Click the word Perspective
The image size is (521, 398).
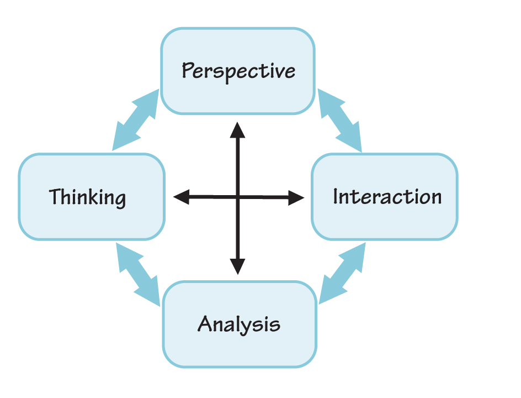click(238, 71)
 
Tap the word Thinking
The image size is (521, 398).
click(88, 197)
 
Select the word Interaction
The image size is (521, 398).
click(387, 197)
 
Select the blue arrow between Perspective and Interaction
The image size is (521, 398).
click(339, 120)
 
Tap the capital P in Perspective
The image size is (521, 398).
click(188, 71)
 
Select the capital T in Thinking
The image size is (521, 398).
click(54, 196)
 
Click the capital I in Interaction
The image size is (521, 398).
click(336, 196)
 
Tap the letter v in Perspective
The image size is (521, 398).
click(280, 72)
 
